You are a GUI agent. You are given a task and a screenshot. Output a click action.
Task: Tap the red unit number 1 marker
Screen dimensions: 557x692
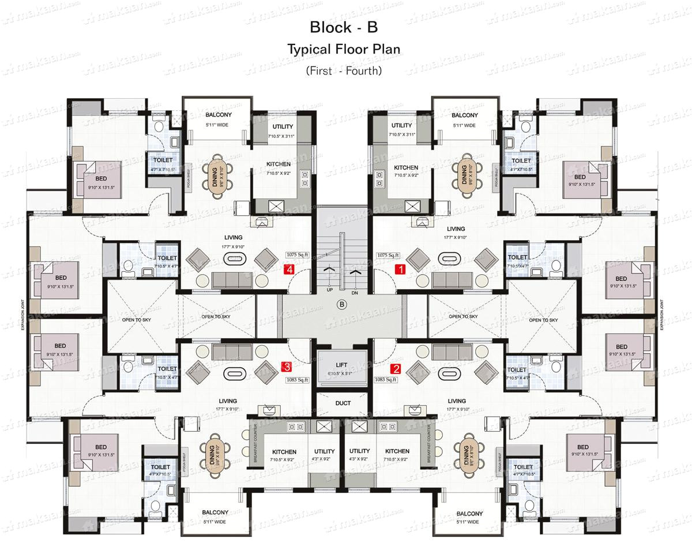tap(399, 269)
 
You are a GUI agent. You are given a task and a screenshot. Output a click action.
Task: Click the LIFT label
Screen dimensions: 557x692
tap(341, 365)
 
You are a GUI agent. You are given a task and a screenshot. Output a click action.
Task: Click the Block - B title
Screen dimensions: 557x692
tap(344, 27)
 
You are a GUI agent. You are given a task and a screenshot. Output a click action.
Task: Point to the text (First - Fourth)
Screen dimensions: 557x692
tap(344, 71)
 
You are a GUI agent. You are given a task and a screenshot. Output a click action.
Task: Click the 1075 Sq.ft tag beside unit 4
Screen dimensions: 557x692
tap(298, 255)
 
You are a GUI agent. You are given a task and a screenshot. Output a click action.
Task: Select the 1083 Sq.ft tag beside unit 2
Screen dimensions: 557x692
tap(386, 380)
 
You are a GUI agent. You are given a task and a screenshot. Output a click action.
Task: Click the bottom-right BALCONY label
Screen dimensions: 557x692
tap(469, 513)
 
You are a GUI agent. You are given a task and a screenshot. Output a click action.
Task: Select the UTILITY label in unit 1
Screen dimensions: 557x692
tap(401, 125)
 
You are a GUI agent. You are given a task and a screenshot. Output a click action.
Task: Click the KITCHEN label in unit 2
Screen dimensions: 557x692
tap(397, 451)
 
